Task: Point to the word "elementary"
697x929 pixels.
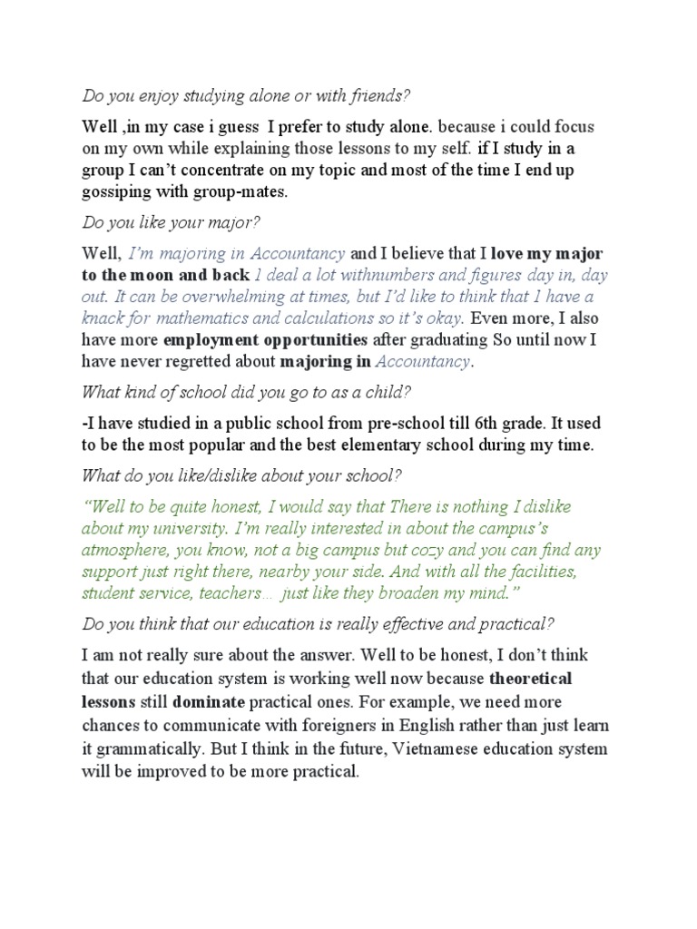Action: tap(398, 445)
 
